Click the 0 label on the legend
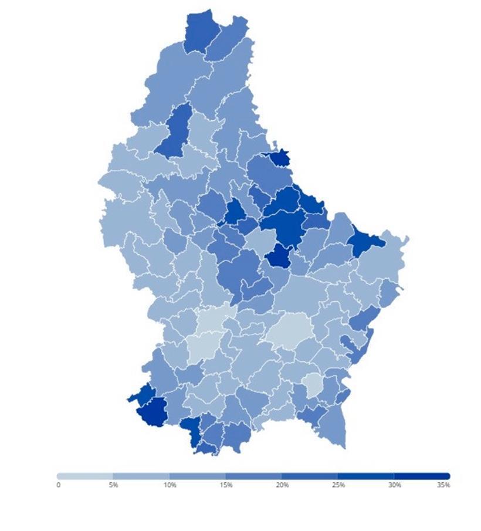[58, 485]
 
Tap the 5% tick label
[113, 485]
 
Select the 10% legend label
[170, 485]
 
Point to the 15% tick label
[226, 485]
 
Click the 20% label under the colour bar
[282, 485]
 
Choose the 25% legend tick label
[338, 485]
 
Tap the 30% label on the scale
[395, 485]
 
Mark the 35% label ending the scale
[443, 485]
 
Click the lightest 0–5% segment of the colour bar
[85, 476]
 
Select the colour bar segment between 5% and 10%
[141, 476]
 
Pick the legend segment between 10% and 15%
[198, 476]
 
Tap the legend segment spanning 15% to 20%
[254, 476]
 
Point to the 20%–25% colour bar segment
[310, 476]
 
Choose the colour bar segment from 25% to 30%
[367, 476]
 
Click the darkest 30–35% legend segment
[422, 476]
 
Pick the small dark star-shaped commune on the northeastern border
[278, 158]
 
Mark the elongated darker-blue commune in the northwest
[175, 132]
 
